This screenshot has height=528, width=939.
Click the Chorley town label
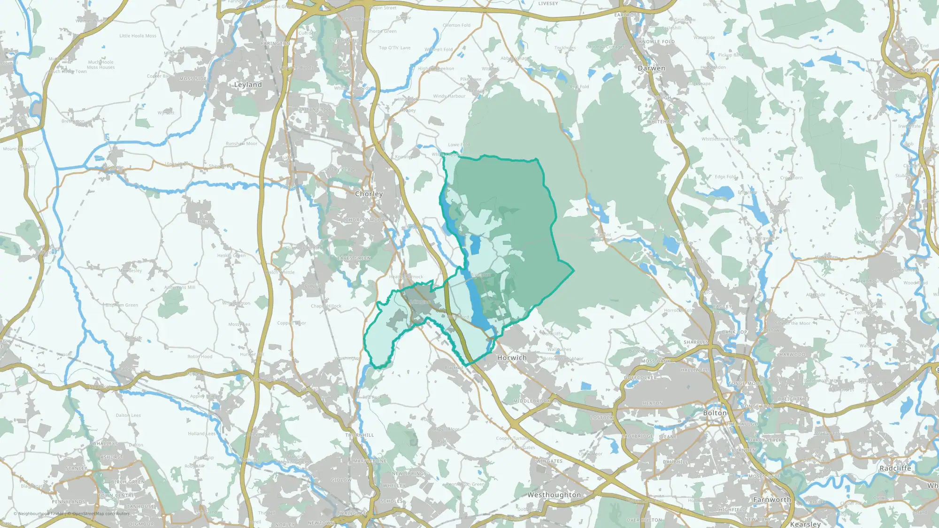tap(369, 194)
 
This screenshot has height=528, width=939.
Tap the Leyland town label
tap(248, 85)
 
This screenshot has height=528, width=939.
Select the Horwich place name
tap(512, 358)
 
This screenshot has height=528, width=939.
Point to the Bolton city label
tap(715, 413)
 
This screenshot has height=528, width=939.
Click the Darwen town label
tap(651, 68)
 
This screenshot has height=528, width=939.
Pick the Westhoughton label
tap(554, 495)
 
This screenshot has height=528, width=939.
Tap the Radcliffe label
tap(895, 468)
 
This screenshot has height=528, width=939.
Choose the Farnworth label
tap(772, 500)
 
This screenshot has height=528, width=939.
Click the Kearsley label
tap(805, 524)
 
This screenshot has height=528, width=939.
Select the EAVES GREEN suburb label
tap(354, 258)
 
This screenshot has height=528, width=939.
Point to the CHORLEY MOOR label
tap(365, 220)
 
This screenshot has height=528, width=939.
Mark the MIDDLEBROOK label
tap(531, 401)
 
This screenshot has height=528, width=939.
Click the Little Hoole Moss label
tap(138, 36)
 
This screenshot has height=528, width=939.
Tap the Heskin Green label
tap(231, 255)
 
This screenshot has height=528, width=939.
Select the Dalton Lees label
tap(128, 415)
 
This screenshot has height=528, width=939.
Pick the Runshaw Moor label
tap(241, 144)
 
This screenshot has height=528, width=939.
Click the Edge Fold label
tap(725, 176)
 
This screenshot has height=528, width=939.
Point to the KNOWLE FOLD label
tap(656, 42)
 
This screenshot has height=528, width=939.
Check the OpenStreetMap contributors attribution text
tap(101, 513)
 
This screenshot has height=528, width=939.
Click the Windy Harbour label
tap(449, 96)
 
